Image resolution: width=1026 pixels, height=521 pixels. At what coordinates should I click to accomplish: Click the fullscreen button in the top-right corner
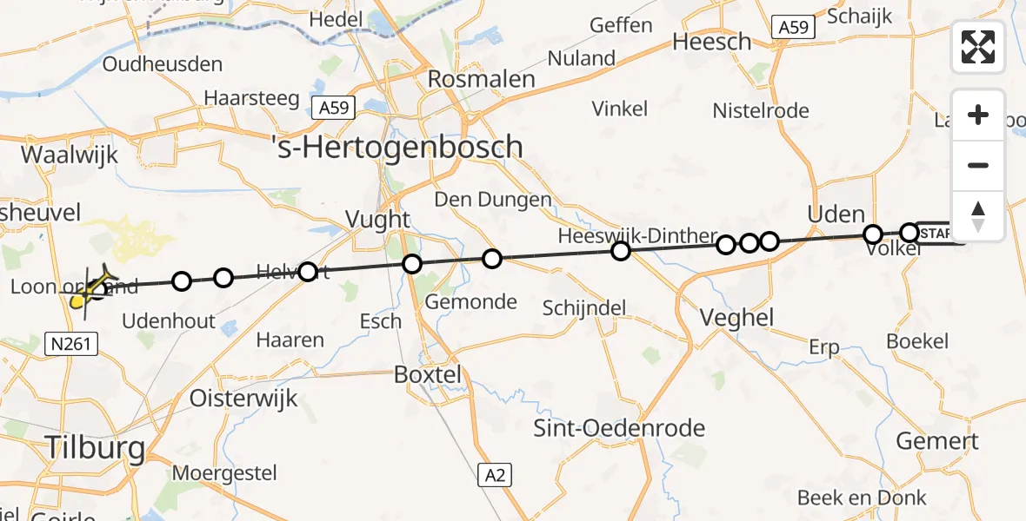pyautogui.click(x=978, y=47)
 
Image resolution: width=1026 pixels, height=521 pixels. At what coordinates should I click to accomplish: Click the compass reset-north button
pyautogui.click(x=978, y=216)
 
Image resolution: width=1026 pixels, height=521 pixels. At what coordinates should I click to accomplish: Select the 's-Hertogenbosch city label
pyautogui.click(x=397, y=147)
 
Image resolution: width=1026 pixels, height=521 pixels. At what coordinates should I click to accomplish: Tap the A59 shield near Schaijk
pyautogui.click(x=793, y=28)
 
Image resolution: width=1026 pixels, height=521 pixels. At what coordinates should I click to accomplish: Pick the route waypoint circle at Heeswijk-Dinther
pyautogui.click(x=620, y=252)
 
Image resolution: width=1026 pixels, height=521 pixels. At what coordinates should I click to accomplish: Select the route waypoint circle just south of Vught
pyautogui.click(x=412, y=264)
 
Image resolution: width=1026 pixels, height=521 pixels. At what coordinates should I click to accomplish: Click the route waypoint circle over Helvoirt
pyautogui.click(x=308, y=273)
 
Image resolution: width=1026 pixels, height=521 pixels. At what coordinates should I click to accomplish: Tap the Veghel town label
pyautogui.click(x=737, y=318)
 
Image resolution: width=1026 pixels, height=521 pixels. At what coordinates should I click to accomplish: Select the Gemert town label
pyautogui.click(x=937, y=441)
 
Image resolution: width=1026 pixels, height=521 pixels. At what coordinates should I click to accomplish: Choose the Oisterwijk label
pyautogui.click(x=244, y=399)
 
